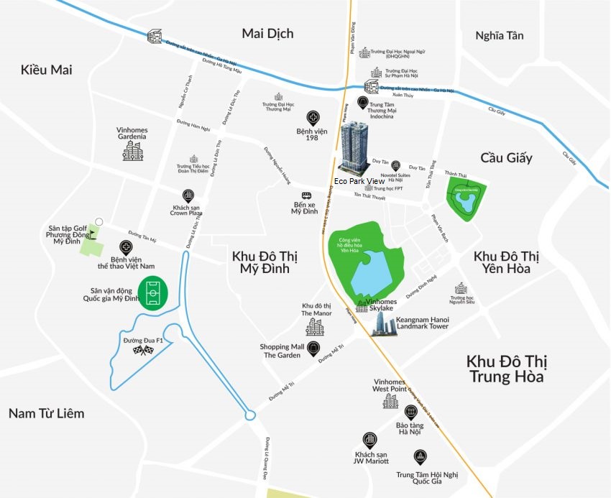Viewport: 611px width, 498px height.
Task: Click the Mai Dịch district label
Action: point(267,34)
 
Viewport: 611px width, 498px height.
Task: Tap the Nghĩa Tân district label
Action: point(500,35)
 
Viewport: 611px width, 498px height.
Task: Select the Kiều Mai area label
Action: point(47,70)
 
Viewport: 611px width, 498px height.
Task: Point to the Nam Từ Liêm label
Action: point(46,413)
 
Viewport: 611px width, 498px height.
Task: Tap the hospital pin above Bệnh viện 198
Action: point(313,118)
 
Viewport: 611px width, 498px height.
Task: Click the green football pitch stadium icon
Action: point(152,292)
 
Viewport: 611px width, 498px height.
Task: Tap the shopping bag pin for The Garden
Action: point(313,349)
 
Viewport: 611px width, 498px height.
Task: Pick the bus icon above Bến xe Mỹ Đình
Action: point(307,195)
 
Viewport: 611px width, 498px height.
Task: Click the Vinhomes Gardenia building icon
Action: point(132,149)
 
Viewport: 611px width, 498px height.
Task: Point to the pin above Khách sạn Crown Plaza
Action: point(188,195)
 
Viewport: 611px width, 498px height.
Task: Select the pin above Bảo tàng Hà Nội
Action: point(410,412)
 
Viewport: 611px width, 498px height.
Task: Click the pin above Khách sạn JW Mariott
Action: point(369,439)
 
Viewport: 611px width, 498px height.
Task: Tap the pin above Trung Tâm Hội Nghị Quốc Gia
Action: point(420,457)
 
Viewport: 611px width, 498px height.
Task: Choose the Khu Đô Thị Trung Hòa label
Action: point(505,369)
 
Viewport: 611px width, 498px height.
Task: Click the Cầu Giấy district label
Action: point(507,158)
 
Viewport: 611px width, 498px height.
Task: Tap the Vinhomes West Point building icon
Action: point(390,400)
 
